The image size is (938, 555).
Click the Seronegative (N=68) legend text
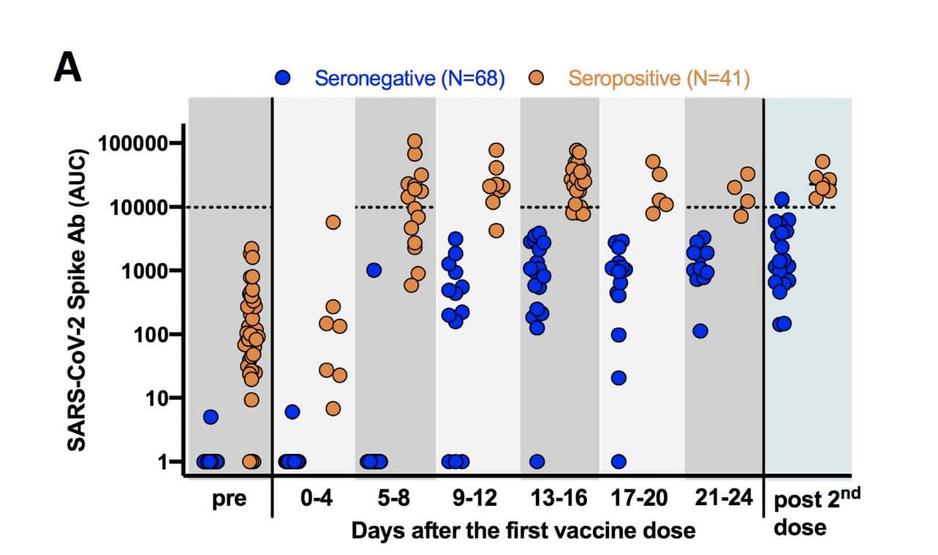pyautogui.click(x=410, y=78)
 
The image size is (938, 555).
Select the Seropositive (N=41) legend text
pyautogui.click(x=659, y=78)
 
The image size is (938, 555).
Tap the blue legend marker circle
pyautogui.click(x=283, y=78)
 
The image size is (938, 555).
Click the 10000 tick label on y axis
pyautogui.click(x=138, y=207)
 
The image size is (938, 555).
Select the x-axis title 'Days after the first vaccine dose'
pyautogui.click(x=522, y=529)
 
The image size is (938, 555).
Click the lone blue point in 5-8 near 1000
pyautogui.click(x=374, y=270)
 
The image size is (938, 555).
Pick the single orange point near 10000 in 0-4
pyautogui.click(x=333, y=222)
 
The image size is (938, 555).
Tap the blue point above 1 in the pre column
pyautogui.click(x=211, y=417)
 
